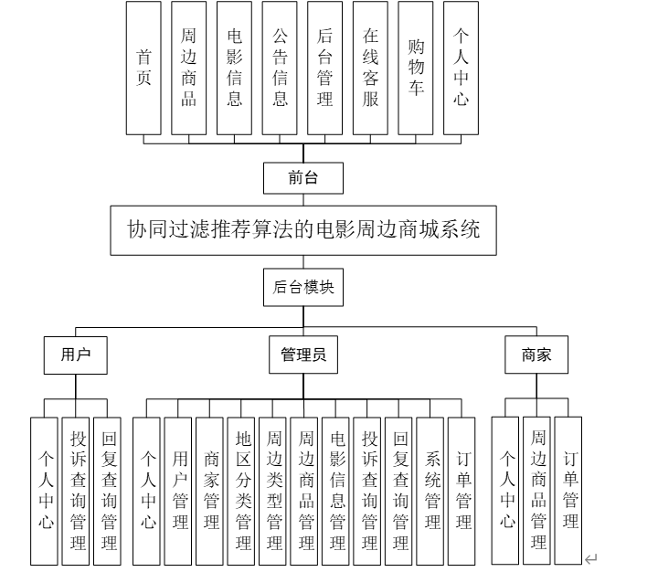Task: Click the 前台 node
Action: (303, 178)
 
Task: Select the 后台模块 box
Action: (303, 286)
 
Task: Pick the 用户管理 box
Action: (180, 490)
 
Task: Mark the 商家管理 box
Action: (211, 490)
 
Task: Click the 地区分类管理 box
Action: (243, 490)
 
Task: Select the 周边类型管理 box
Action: (274, 490)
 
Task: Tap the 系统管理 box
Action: (432, 490)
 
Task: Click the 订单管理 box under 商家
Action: (570, 490)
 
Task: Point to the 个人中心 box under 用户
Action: (46, 490)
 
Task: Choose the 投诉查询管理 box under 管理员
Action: (369, 490)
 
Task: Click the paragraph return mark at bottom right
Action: (591, 558)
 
